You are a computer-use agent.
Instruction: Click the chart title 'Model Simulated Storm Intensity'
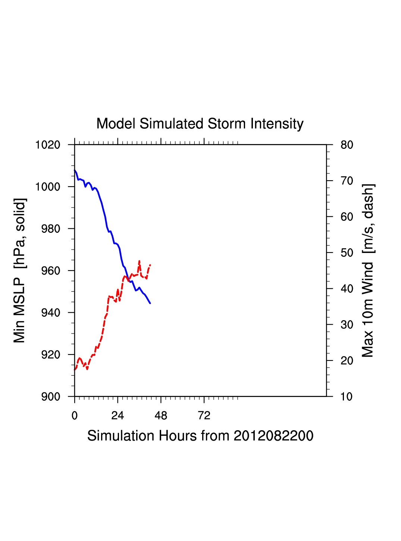[x=200, y=123]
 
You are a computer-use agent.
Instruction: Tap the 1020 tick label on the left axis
[x=48, y=145]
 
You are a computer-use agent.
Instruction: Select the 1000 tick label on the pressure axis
[x=48, y=187]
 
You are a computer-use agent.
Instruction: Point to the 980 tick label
[x=51, y=229]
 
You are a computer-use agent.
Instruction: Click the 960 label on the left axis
[x=51, y=271]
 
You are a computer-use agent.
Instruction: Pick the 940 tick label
[x=51, y=313]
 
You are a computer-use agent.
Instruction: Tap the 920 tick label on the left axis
[x=51, y=355]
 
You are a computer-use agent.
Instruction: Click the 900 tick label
[x=51, y=397]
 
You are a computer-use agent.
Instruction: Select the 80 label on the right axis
[x=347, y=145]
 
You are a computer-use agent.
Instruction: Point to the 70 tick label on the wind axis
[x=347, y=181]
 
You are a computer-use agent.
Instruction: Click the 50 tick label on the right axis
[x=347, y=253]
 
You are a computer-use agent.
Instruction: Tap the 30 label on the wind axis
[x=347, y=325]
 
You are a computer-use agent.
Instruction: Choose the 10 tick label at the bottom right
[x=347, y=397]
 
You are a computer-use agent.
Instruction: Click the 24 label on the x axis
[x=118, y=416]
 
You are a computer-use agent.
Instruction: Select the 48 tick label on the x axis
[x=161, y=416]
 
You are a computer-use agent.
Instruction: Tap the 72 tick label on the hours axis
[x=204, y=416]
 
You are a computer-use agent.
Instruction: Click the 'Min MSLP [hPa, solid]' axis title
[x=19, y=270]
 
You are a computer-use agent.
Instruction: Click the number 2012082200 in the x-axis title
[x=273, y=436]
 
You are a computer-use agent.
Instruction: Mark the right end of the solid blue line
[x=150, y=303]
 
